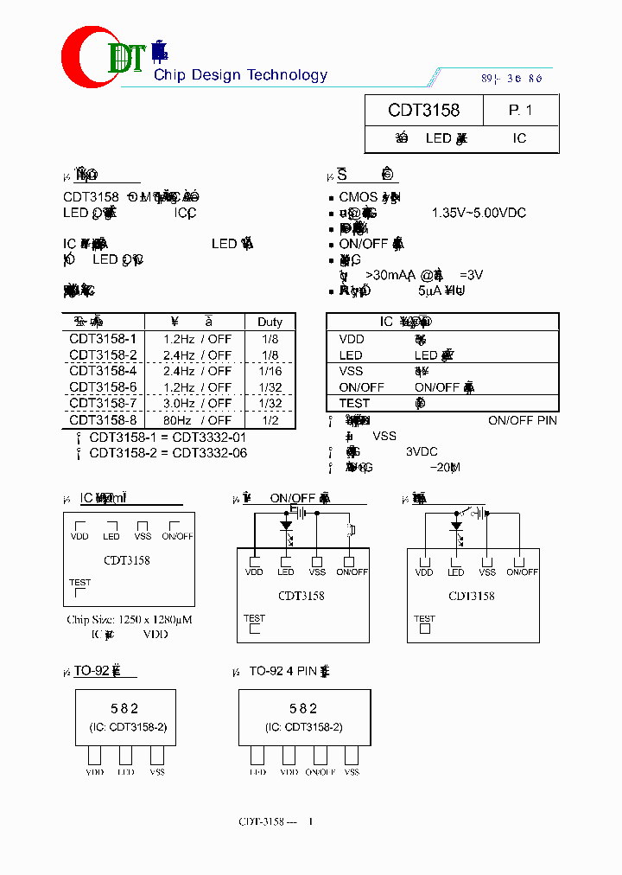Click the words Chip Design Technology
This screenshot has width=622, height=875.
pyautogui.click(x=240, y=75)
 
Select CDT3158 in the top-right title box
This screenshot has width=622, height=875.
pyautogui.click(x=423, y=111)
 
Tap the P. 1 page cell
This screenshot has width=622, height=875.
pyautogui.click(x=520, y=111)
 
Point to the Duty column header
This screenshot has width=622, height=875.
pyautogui.click(x=270, y=322)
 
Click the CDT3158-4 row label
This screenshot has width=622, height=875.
pyautogui.click(x=103, y=370)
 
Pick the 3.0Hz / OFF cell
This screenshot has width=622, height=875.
pyautogui.click(x=197, y=403)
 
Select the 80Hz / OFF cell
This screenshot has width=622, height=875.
pyautogui.click(x=197, y=419)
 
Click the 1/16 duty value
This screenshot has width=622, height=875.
pyautogui.click(x=270, y=370)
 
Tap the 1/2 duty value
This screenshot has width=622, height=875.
pyautogui.click(x=270, y=419)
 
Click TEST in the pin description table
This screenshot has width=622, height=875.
pyautogui.click(x=354, y=403)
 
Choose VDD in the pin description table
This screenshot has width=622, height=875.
pyautogui.click(x=352, y=339)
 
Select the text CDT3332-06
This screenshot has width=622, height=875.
pyautogui.click(x=209, y=452)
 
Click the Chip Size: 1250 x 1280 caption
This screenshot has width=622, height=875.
pyautogui.click(x=129, y=620)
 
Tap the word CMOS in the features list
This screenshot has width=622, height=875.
pyautogui.click(x=358, y=197)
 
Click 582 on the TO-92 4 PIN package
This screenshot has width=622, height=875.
pyautogui.click(x=304, y=708)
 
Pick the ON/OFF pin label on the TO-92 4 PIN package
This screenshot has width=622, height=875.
pyautogui.click(x=320, y=771)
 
